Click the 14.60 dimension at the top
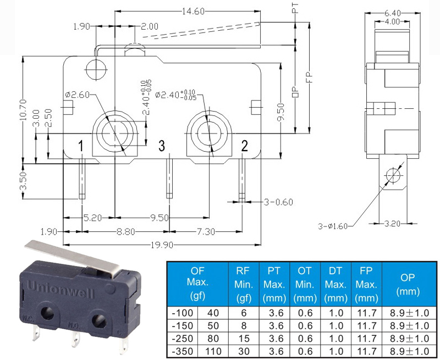[193, 12]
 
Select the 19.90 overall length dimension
[162, 245]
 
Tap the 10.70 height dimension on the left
[23, 110]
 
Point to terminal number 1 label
[81, 146]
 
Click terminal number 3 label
[162, 146]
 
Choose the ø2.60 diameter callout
[77, 95]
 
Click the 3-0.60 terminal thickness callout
[278, 202]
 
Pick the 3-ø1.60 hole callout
[333, 226]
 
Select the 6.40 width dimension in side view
[392, 13]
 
